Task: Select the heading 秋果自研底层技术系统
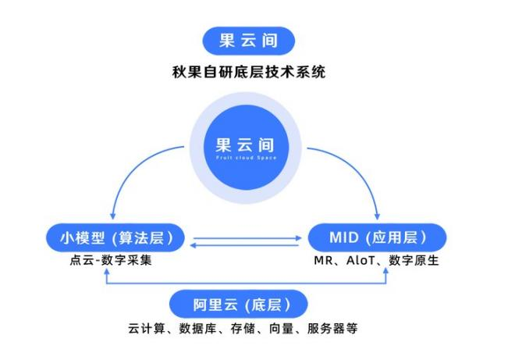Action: point(248,73)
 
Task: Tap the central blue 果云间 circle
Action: point(247,148)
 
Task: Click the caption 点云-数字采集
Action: point(111,259)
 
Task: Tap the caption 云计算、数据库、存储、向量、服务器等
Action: point(243,328)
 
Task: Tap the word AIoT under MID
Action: point(364,260)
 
